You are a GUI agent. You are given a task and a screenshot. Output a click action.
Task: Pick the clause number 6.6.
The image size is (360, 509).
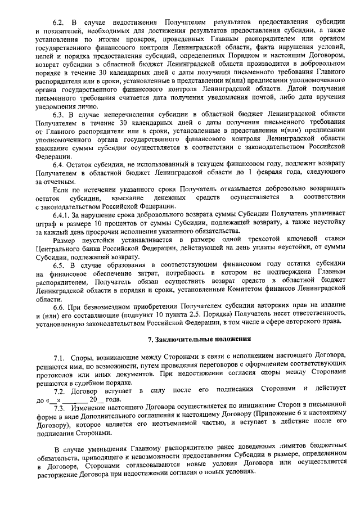[x=60, y=306]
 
